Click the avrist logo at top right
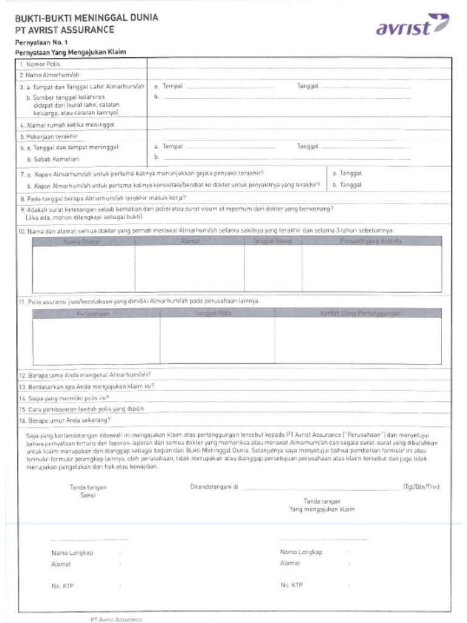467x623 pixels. coord(412,26)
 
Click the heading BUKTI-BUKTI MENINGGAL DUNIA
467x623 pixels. coord(86,18)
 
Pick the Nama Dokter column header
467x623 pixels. coord(82,241)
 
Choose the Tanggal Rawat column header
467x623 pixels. coord(272,241)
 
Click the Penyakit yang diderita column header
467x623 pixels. coord(371,241)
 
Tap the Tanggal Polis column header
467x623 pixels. coord(213,313)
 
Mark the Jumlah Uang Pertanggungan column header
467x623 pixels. coord(360,313)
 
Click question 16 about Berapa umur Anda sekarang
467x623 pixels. coord(65,420)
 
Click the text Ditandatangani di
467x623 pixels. coord(213,487)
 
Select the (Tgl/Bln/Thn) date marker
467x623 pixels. coord(421,487)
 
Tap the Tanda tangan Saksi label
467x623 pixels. coord(88,491)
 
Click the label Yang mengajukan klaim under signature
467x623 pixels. coord(322,509)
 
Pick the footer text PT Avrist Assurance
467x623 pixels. coord(116,619)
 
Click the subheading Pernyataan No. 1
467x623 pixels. coord(42,42)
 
